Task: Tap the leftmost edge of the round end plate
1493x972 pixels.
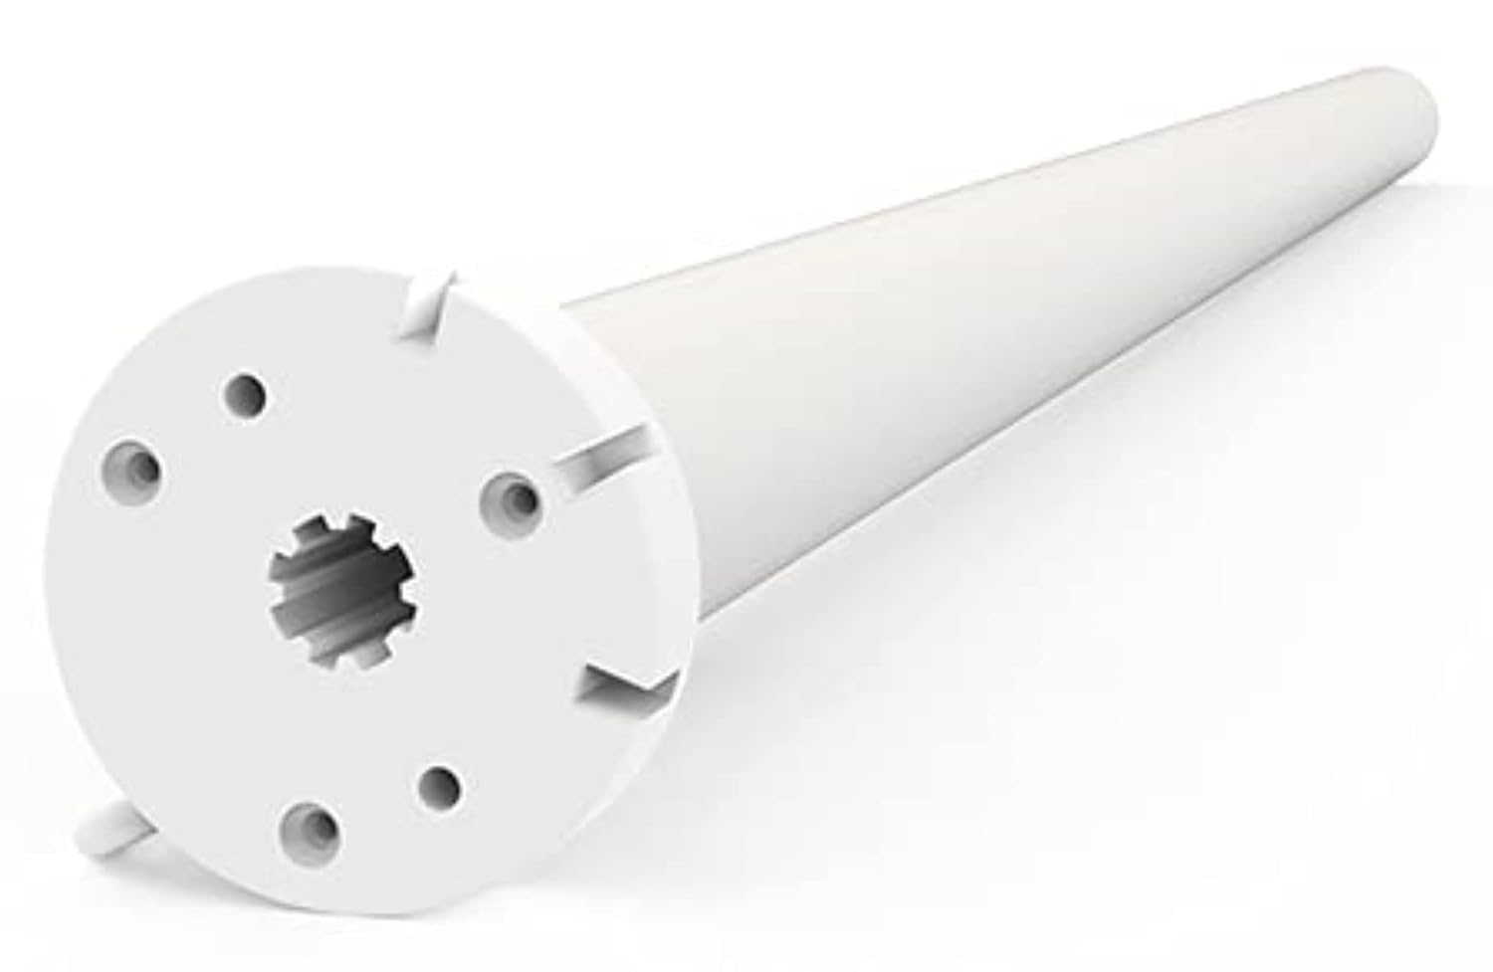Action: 47,597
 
